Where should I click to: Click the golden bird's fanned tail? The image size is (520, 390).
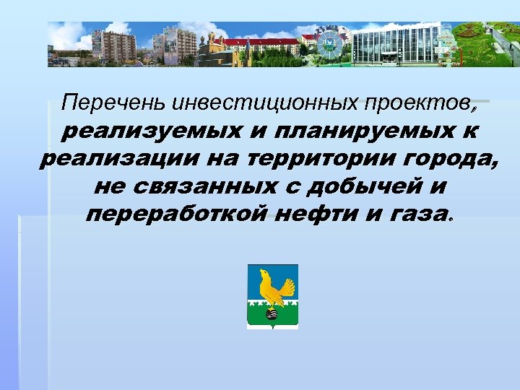287,288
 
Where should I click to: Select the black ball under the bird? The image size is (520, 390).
272,313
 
